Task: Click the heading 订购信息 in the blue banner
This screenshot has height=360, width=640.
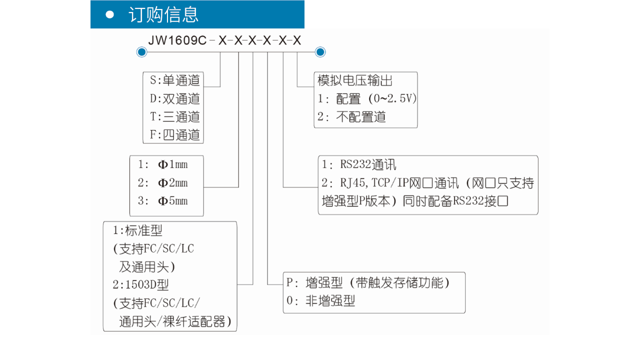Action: (163, 14)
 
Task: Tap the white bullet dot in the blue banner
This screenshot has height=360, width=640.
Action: (109, 14)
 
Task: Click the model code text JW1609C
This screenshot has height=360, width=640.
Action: (177, 40)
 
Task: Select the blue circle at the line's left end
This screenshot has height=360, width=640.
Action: (141, 52)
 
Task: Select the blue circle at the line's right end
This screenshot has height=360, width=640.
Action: (320, 52)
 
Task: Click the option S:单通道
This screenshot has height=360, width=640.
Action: (175, 80)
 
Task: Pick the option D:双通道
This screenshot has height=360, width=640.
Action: (175, 98)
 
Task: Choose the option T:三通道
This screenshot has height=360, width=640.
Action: (175, 116)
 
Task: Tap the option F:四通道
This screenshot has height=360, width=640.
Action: (175, 134)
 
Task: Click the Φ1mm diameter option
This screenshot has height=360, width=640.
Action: (163, 164)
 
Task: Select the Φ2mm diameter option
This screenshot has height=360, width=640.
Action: (163, 183)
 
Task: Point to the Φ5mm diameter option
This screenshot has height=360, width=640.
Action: (163, 201)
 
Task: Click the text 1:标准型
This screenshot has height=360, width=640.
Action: (137, 230)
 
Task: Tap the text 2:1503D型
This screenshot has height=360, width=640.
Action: (141, 284)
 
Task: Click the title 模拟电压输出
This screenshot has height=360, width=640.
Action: (355, 80)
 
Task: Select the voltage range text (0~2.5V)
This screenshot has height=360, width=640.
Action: (392, 98)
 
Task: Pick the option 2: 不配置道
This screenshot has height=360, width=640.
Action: (351, 117)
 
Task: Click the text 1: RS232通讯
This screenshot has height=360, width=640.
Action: (359, 164)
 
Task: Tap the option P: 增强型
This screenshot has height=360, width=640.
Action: (314, 283)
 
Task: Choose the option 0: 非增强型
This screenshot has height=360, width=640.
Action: (321, 301)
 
